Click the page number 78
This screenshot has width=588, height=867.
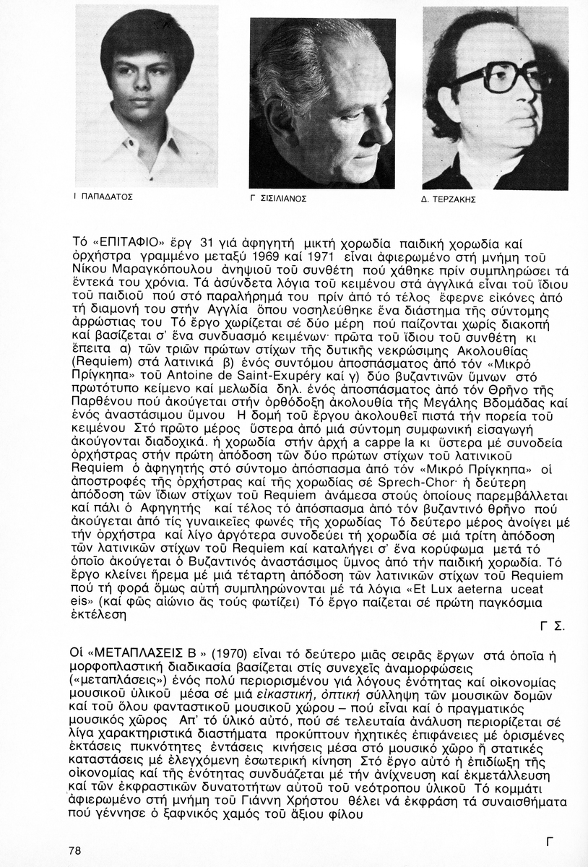point(75,850)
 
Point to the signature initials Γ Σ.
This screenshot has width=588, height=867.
point(551,626)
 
